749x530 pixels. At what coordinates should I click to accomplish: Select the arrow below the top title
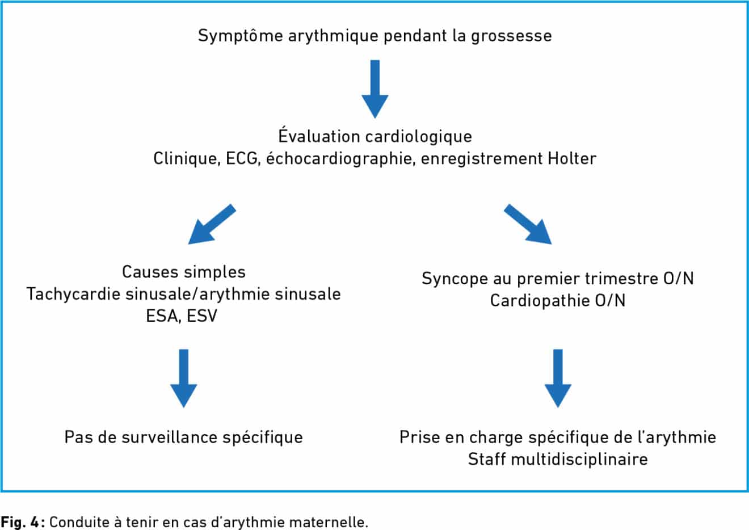tap(375, 89)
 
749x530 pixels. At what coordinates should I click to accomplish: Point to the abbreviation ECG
tap(243, 158)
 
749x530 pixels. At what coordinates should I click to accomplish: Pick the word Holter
tap(572, 158)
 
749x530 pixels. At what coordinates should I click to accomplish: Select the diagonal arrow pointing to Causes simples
tap(212, 224)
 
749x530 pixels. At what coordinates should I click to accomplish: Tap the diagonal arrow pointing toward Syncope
tap(528, 224)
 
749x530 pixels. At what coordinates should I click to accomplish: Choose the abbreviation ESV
tap(202, 316)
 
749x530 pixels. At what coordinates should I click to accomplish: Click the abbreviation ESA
tap(163, 316)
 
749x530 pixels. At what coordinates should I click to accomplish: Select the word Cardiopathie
tap(540, 301)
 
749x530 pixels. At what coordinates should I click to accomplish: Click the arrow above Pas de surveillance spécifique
tap(184, 378)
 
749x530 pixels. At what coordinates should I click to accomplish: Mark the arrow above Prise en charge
tap(558, 378)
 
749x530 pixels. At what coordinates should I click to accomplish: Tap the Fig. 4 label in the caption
tap(21, 522)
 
